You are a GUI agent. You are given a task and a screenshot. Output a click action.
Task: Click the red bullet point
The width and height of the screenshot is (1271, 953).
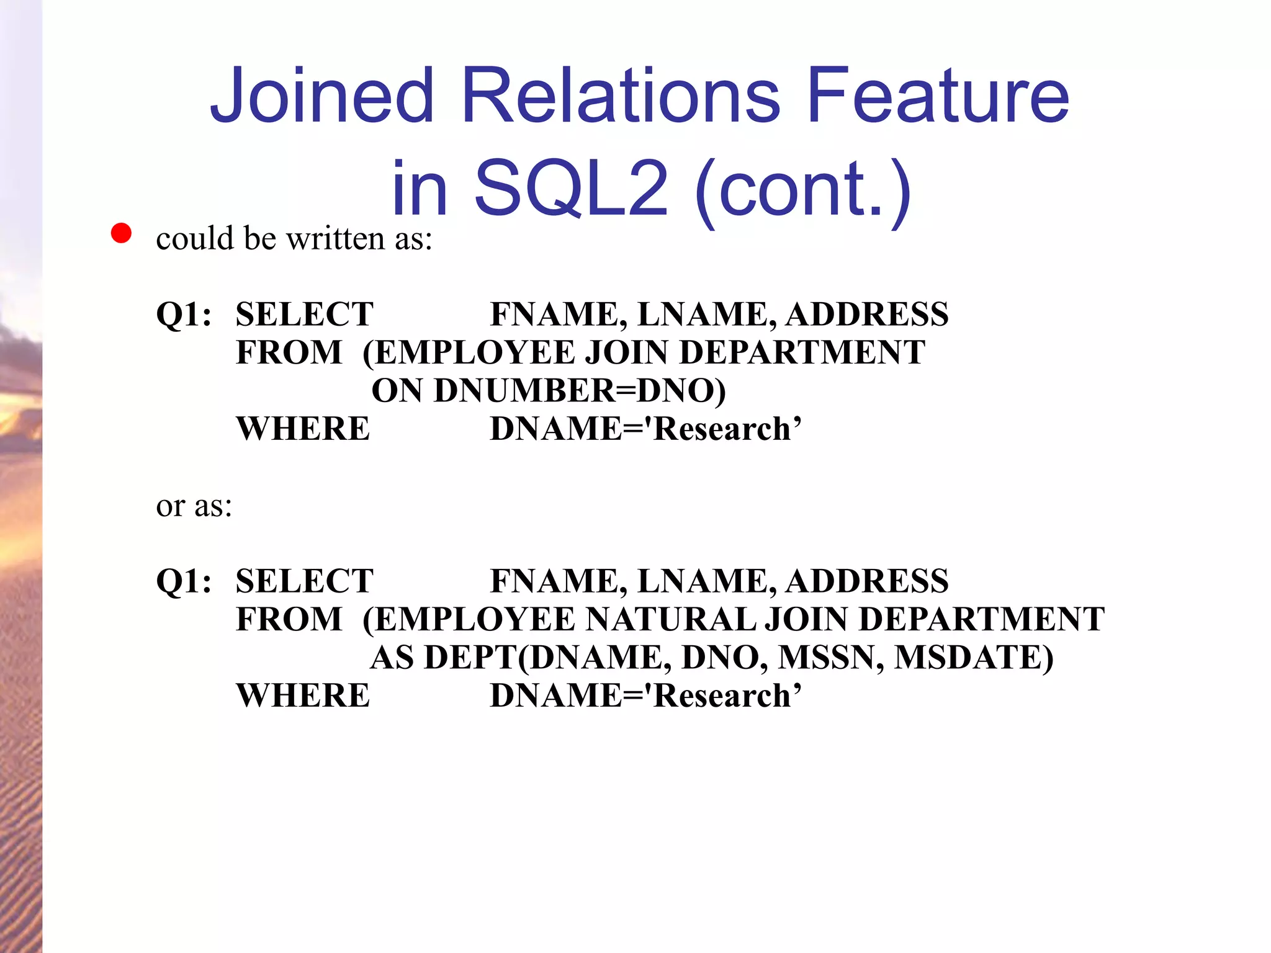[x=121, y=234]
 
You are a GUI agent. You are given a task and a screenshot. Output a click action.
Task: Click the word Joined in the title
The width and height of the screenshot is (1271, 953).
[x=321, y=96]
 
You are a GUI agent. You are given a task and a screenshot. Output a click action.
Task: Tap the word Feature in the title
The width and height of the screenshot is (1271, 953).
[x=938, y=96]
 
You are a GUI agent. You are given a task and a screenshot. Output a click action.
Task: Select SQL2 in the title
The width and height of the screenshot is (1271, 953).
[x=571, y=188]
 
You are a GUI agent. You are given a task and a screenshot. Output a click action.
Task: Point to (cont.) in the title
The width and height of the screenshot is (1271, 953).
[x=803, y=188]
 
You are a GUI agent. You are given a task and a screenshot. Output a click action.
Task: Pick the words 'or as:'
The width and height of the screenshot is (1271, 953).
[x=194, y=506]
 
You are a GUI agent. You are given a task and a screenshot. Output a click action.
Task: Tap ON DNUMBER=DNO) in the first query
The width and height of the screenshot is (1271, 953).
[x=549, y=391]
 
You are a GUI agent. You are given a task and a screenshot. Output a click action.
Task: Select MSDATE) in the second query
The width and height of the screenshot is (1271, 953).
[x=974, y=658]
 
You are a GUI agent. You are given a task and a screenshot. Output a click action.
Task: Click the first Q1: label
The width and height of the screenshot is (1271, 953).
[x=184, y=314]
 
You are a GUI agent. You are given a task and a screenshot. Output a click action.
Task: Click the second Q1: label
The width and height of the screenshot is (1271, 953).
[x=184, y=581]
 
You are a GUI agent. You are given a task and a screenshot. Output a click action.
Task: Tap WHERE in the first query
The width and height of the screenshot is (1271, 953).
[x=303, y=429]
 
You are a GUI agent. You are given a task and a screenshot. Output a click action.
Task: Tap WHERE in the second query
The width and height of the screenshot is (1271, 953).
[x=303, y=696]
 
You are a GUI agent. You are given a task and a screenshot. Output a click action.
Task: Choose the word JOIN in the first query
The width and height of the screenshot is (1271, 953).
[x=627, y=352]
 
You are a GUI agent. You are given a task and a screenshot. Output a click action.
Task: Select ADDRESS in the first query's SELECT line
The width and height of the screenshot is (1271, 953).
[x=867, y=314]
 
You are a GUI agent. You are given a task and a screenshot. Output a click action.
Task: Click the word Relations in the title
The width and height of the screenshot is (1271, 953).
[x=621, y=96]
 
